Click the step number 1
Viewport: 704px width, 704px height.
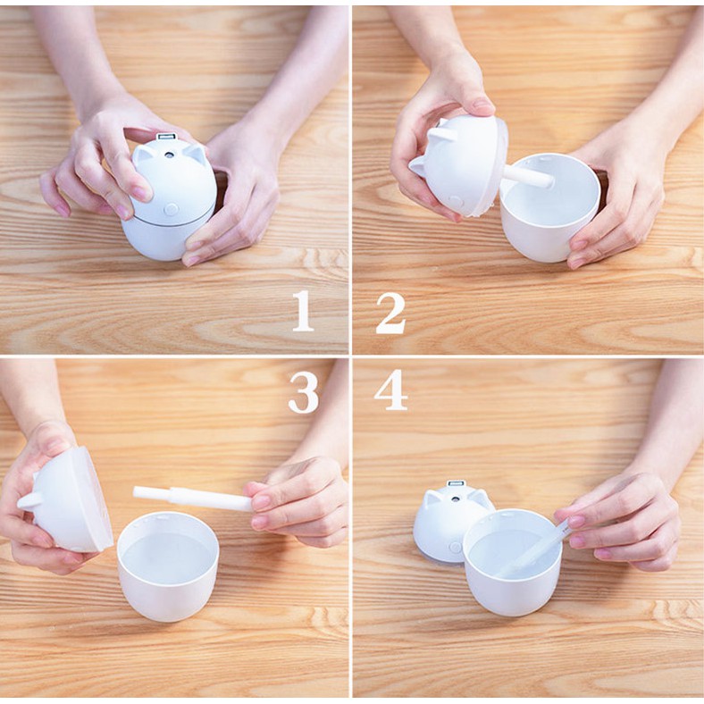(303, 311)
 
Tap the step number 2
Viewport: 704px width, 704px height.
(390, 314)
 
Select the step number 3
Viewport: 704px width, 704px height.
(304, 393)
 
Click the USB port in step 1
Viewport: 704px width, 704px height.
(164, 137)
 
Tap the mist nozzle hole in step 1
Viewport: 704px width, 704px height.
(169, 155)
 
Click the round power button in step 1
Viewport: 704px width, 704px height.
(171, 209)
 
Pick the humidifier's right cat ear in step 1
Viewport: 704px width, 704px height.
(197, 154)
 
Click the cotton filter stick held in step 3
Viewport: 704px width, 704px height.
(194, 498)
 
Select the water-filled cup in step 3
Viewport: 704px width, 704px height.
(168, 567)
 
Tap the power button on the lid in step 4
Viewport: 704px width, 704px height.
(456, 547)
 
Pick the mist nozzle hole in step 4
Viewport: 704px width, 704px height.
(456, 499)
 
